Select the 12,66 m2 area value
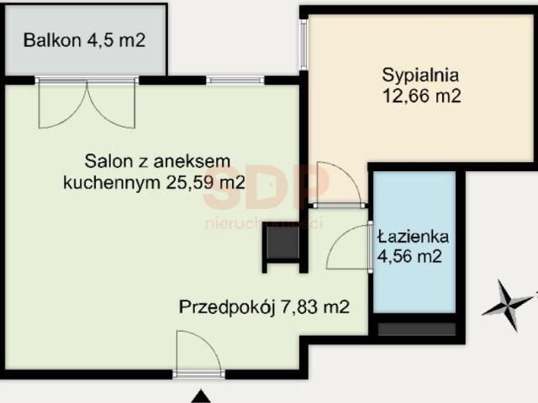[x=420, y=95]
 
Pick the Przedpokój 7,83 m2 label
[x=265, y=307]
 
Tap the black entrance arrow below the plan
[x=200, y=395]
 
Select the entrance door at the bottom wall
[x=198, y=353]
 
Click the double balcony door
[x=87, y=101]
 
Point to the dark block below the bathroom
[x=417, y=328]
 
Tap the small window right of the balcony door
[x=235, y=80]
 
